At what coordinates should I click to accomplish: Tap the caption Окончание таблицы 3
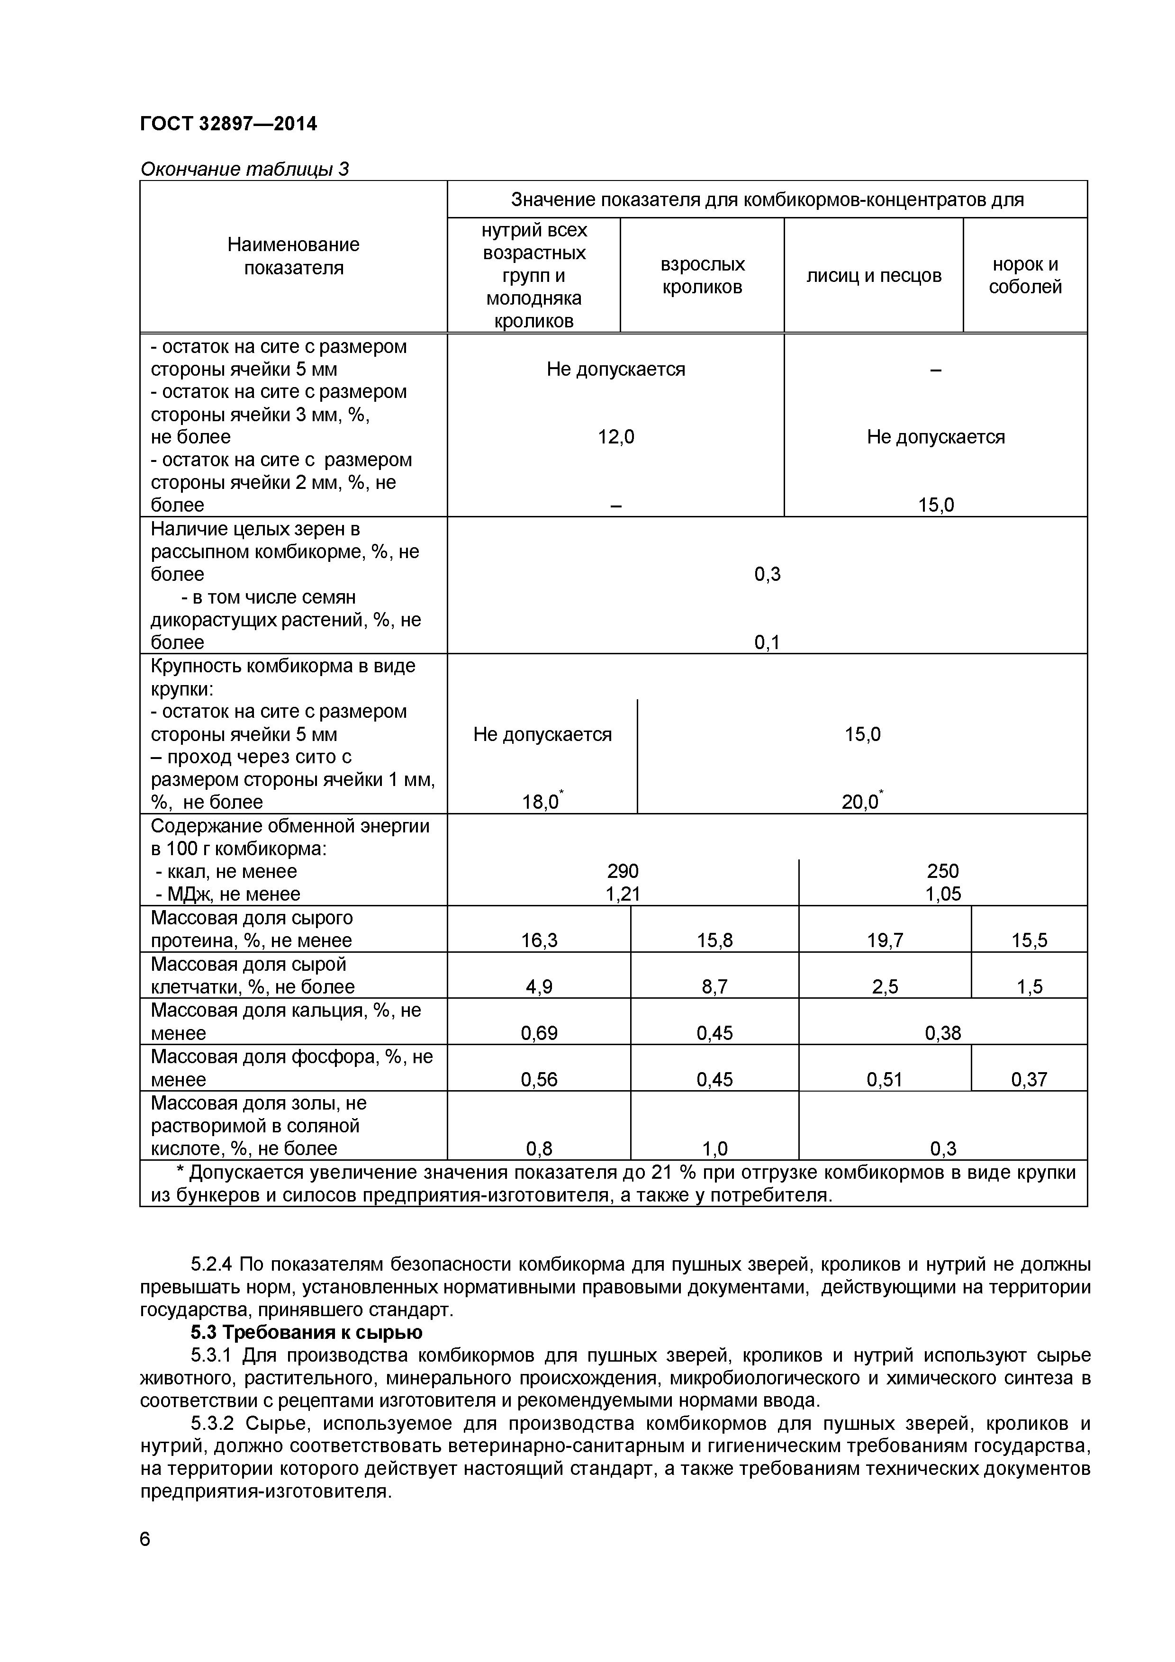pos(244,169)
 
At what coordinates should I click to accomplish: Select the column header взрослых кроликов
pos(702,275)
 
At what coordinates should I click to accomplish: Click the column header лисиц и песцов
pos(873,275)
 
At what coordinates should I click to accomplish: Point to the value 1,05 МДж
pos(943,894)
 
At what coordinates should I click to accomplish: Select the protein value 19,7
pos(885,940)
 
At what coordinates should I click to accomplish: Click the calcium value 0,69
pos(539,1033)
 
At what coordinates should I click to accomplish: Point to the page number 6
pos(145,1539)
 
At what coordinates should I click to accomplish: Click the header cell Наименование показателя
pos(293,256)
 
